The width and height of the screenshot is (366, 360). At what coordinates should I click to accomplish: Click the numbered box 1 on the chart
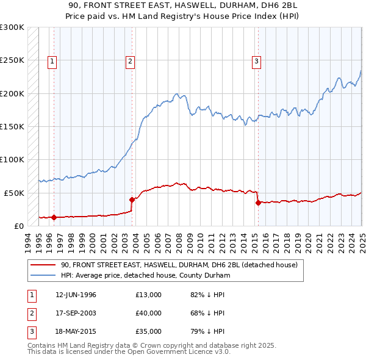[52, 60]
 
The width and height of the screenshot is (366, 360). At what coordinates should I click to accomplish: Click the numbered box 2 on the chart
[131, 60]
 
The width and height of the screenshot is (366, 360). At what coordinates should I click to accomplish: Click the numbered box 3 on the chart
[257, 60]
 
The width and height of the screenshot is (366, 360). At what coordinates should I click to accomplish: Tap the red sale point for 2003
[132, 199]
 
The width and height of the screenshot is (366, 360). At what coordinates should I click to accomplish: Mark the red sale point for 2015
[258, 203]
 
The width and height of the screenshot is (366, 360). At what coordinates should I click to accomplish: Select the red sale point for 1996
[54, 217]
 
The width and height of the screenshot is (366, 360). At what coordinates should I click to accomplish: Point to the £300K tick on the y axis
[12, 27]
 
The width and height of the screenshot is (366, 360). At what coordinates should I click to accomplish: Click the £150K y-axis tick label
[12, 126]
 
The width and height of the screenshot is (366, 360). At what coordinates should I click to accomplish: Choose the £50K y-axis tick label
[14, 192]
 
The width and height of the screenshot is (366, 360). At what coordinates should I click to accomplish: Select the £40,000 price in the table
[148, 313]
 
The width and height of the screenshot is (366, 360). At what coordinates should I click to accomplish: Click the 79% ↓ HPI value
[207, 331]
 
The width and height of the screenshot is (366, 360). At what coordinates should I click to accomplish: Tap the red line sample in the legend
[43, 265]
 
